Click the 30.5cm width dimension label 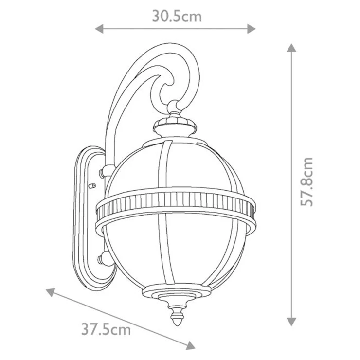177,17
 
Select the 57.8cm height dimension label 307,181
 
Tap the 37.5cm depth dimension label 106,329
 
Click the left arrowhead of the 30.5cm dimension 99,29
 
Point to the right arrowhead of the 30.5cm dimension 252,29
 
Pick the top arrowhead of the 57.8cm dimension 291,48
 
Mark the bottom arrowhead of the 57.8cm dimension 291,322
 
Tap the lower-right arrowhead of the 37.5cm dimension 191,345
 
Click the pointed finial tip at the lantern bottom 177,325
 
